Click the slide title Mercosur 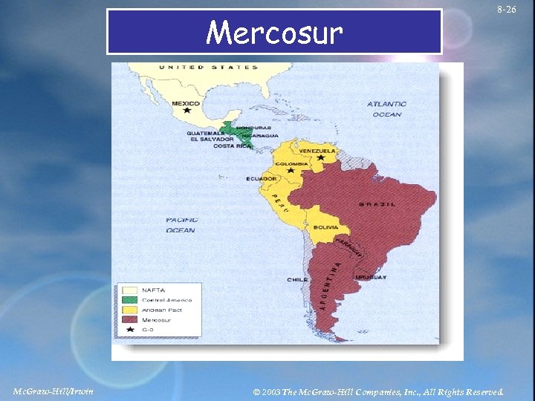tap(274, 33)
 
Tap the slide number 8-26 tap(507, 10)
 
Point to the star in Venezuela tap(320, 157)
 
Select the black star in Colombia tap(291, 171)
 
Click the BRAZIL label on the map tap(377, 204)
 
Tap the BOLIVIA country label tap(325, 227)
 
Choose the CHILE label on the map tap(297, 280)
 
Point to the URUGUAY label tap(371, 277)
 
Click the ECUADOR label tap(262, 178)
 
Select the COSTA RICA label tap(230, 146)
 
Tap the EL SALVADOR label tap(212, 139)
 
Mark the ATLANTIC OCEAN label tap(386, 109)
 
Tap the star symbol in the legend tap(130, 329)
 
